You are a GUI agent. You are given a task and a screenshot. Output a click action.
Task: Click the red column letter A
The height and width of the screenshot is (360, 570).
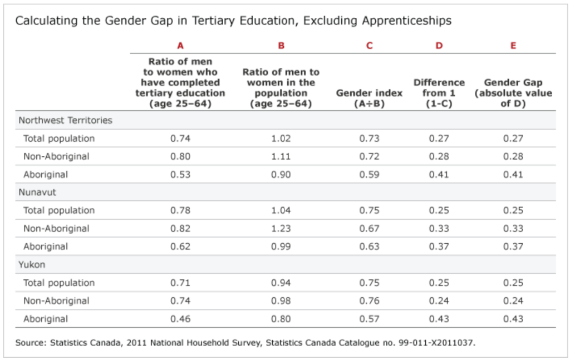(180, 46)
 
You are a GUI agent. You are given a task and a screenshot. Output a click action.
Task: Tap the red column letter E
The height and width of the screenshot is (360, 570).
(513, 46)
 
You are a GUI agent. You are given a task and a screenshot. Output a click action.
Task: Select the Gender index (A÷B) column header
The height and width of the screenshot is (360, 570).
(369, 98)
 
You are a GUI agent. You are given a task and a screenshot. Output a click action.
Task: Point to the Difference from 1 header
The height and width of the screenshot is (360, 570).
(439, 88)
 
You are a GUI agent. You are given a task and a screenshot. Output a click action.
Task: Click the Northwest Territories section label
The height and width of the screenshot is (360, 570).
(65, 120)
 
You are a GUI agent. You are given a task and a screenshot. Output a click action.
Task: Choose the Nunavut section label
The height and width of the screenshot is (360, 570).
(37, 193)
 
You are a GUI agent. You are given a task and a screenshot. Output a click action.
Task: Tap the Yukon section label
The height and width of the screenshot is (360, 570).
(32, 265)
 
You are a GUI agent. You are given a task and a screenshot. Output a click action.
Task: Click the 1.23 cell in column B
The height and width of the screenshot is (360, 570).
(281, 228)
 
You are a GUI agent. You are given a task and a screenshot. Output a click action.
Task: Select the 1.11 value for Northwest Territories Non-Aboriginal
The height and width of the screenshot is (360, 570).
(281, 156)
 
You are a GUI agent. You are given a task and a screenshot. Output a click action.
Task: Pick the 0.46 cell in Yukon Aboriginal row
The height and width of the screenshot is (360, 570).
(180, 319)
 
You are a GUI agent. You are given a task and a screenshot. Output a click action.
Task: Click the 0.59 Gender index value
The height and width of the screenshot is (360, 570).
(370, 174)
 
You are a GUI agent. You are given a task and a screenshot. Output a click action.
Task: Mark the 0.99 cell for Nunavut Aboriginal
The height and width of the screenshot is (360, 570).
(281, 246)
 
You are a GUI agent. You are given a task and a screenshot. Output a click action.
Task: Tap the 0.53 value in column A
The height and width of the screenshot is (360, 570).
(180, 174)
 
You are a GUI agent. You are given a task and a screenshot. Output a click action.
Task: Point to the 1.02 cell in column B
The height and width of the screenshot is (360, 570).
(281, 139)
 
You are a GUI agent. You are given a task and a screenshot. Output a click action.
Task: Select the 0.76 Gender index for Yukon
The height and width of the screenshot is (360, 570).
(370, 301)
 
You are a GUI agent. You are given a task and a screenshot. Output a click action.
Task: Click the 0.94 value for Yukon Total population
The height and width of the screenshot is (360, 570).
(281, 283)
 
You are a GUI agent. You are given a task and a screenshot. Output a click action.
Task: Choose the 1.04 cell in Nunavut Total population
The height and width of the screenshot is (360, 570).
(281, 210)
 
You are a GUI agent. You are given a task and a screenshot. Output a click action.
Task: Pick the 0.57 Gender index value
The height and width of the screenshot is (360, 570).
(370, 319)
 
